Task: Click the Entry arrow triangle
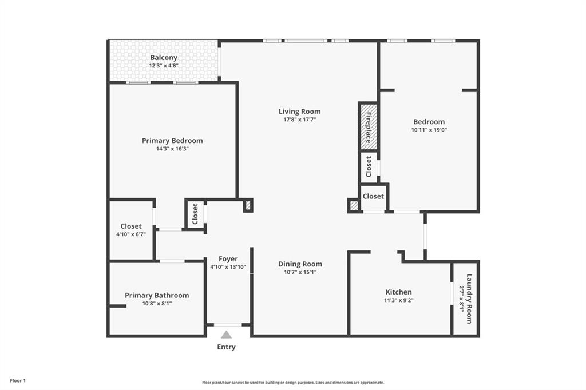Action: (227, 335)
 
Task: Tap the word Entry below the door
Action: (226, 347)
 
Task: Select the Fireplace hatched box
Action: (369, 126)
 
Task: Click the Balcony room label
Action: (164, 58)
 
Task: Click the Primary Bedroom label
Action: (172, 141)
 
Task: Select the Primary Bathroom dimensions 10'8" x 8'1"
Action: (157, 304)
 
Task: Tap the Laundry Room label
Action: (469, 299)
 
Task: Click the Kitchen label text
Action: (398, 292)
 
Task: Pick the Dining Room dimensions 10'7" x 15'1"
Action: (300, 272)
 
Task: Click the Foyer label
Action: (228, 259)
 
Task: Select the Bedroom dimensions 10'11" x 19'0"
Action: (429, 130)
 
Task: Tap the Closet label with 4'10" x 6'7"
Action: (131, 226)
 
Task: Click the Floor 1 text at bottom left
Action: (18, 380)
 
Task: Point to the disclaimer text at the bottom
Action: (292, 383)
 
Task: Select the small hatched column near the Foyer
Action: (248, 205)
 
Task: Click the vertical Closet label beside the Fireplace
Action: (369, 166)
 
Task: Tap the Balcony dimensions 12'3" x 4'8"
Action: (164, 66)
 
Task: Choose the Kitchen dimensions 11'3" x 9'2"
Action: (398, 300)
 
